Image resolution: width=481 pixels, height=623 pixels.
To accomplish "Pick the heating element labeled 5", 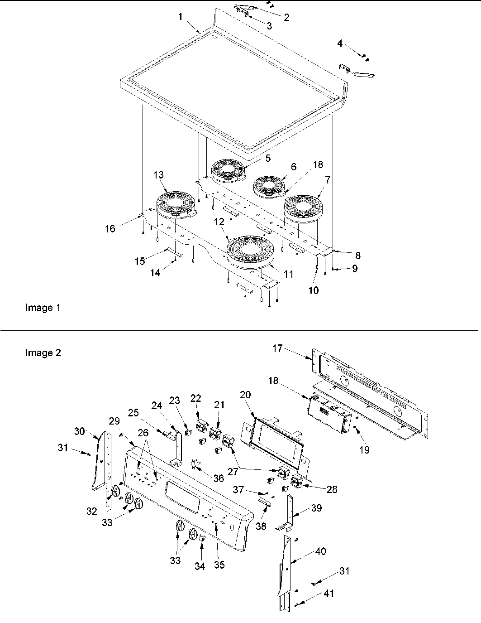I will (x=229, y=169).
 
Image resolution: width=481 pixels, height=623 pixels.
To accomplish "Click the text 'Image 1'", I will (x=43, y=308).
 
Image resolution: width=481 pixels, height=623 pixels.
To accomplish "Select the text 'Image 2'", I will (x=43, y=353).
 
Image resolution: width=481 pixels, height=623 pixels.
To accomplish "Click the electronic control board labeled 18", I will (x=329, y=410).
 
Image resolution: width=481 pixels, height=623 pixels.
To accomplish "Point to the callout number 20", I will (x=245, y=395).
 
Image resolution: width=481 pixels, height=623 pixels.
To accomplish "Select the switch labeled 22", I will (x=201, y=426).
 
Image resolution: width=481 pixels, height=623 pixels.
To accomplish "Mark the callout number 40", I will (x=321, y=551).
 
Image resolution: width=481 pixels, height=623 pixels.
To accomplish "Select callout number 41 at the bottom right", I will (x=329, y=593).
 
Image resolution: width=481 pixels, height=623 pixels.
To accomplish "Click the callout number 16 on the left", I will (x=110, y=228).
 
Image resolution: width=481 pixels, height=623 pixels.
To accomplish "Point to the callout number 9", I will (x=355, y=269).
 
